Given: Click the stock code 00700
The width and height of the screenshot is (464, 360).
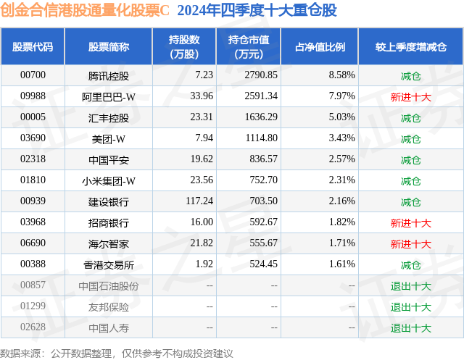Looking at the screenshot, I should [x=33, y=75].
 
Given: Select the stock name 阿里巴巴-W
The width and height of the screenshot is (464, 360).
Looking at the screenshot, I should [x=108, y=96].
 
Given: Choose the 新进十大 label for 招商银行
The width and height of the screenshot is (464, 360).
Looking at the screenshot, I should [x=410, y=223].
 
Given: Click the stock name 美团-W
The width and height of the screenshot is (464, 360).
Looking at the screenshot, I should [x=108, y=138].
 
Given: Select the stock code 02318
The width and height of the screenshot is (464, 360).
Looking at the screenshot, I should [x=33, y=159].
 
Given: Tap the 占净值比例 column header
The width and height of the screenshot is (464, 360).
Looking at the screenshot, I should [x=320, y=47].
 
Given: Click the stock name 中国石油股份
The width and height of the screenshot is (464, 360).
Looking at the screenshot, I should [x=108, y=286].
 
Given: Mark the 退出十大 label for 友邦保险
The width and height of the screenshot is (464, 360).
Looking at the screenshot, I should [x=410, y=307].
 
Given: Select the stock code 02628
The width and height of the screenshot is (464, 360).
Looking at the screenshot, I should [x=33, y=328].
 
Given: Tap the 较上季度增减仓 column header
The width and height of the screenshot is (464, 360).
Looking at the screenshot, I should [x=410, y=47].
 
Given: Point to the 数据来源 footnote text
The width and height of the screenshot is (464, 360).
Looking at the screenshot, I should [x=117, y=353].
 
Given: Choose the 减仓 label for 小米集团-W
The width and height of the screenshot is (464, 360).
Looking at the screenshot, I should [x=410, y=180].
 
